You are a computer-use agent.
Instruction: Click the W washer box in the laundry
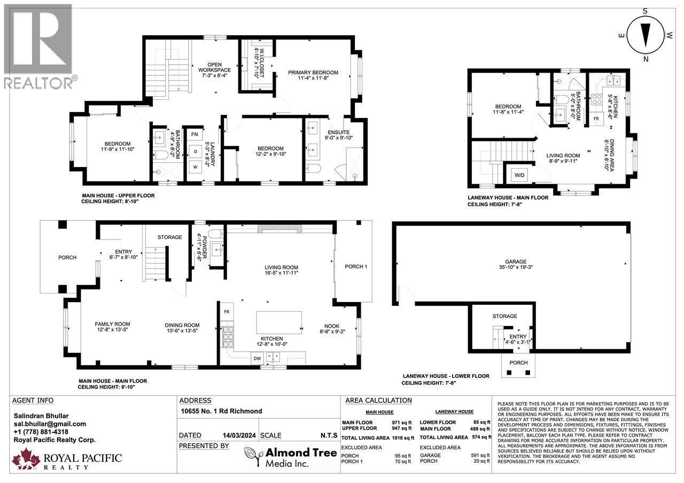click(195, 167)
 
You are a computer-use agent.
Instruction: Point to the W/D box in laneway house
click(519, 175)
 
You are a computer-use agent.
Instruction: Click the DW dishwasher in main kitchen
click(258, 359)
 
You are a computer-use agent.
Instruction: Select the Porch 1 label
click(356, 266)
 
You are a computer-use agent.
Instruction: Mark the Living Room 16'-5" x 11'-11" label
click(281, 270)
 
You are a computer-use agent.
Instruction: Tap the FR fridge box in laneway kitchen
click(597, 118)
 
